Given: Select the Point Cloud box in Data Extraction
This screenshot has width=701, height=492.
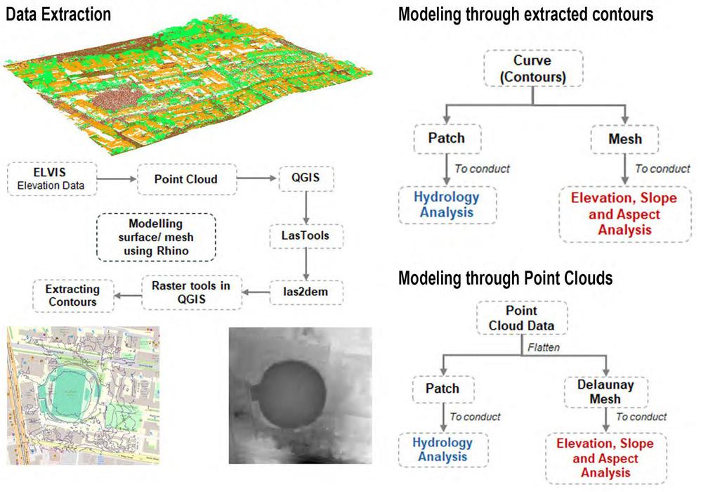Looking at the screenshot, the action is (x=185, y=179).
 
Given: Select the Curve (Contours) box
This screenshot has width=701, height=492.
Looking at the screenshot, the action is (x=533, y=67).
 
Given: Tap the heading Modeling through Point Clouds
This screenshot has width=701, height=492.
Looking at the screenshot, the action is (x=505, y=278).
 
